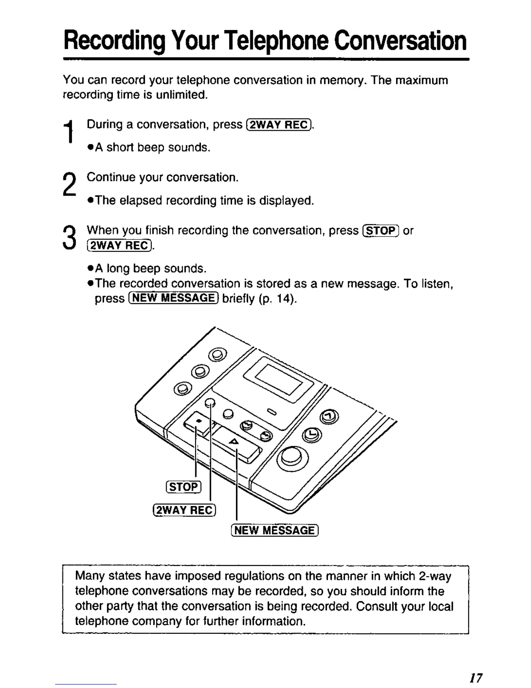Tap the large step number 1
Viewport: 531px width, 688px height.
68,131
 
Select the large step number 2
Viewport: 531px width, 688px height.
69,184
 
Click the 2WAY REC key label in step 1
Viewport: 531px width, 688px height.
279,125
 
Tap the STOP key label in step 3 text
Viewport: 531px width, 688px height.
380,231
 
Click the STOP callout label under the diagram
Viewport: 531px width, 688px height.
184,487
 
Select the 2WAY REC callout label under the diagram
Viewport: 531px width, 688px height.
184,510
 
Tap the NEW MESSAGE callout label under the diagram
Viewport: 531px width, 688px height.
275,530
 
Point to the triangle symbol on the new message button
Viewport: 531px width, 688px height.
233,441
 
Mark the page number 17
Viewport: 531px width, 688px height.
476,678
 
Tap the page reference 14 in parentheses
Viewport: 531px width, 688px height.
285,299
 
